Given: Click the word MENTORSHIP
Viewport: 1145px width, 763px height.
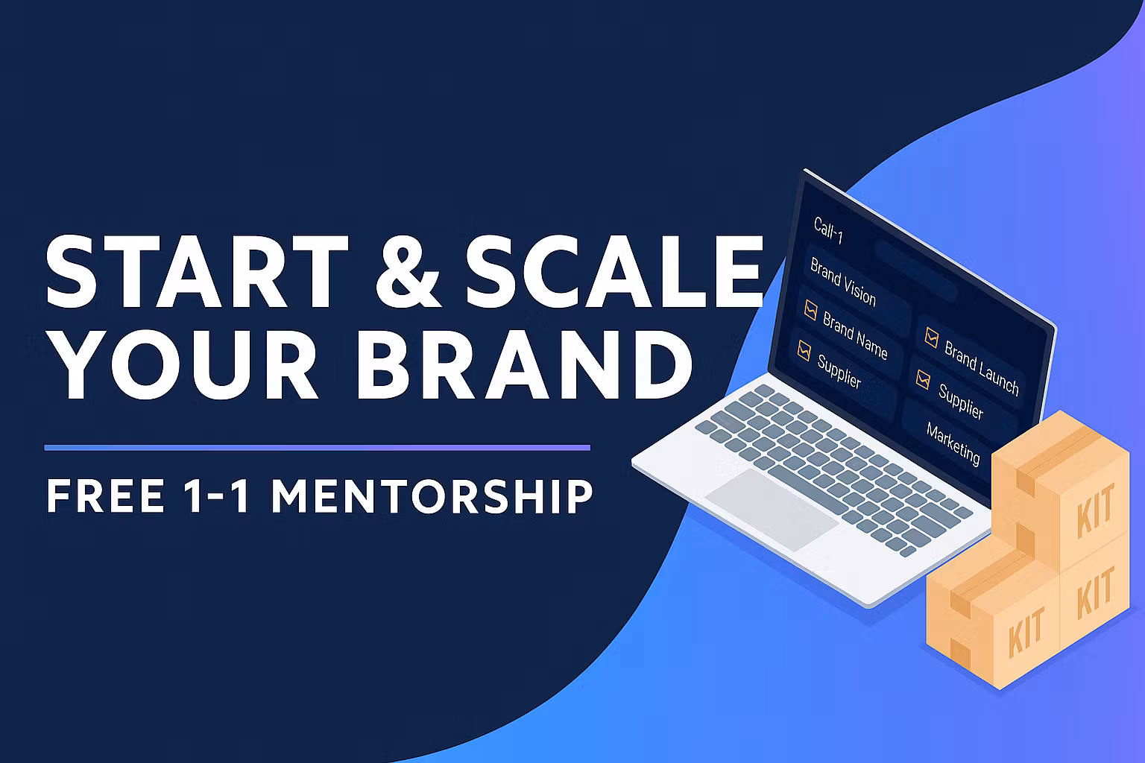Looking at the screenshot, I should pyautogui.click(x=432, y=496).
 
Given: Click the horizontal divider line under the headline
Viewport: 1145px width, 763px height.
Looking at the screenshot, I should pyautogui.click(x=317, y=448).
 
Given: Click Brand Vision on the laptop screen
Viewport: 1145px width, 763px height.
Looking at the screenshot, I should pyautogui.click(x=843, y=282).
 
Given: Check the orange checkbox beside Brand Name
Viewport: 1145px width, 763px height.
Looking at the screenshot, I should pyautogui.click(x=810, y=310).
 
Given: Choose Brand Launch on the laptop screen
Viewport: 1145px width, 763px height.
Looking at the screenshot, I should pyautogui.click(x=981, y=367).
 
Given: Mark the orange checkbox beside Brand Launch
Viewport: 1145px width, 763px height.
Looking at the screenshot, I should pyautogui.click(x=931, y=337).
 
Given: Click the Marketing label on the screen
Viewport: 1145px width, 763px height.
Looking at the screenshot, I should pyautogui.click(x=953, y=442).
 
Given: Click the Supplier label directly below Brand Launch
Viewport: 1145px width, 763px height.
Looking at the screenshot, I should pyautogui.click(x=961, y=401).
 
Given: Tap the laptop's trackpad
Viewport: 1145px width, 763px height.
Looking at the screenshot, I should pyautogui.click(x=772, y=509).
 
